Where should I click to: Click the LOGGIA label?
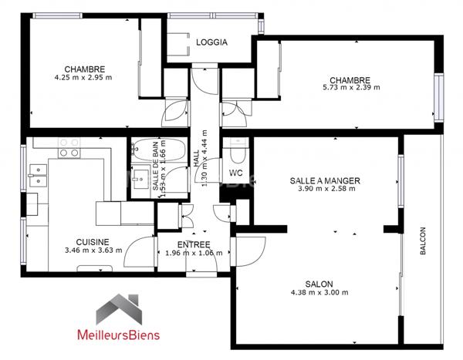click(211, 43)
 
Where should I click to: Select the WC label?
click(236, 173)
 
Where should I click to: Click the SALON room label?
click(319, 283)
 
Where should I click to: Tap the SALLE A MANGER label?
click(325, 180)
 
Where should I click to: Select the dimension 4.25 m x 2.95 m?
click(84, 77)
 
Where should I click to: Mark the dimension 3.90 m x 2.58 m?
click(325, 189)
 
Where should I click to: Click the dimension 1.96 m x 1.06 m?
click(194, 252)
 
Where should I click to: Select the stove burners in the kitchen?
click(69, 147)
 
